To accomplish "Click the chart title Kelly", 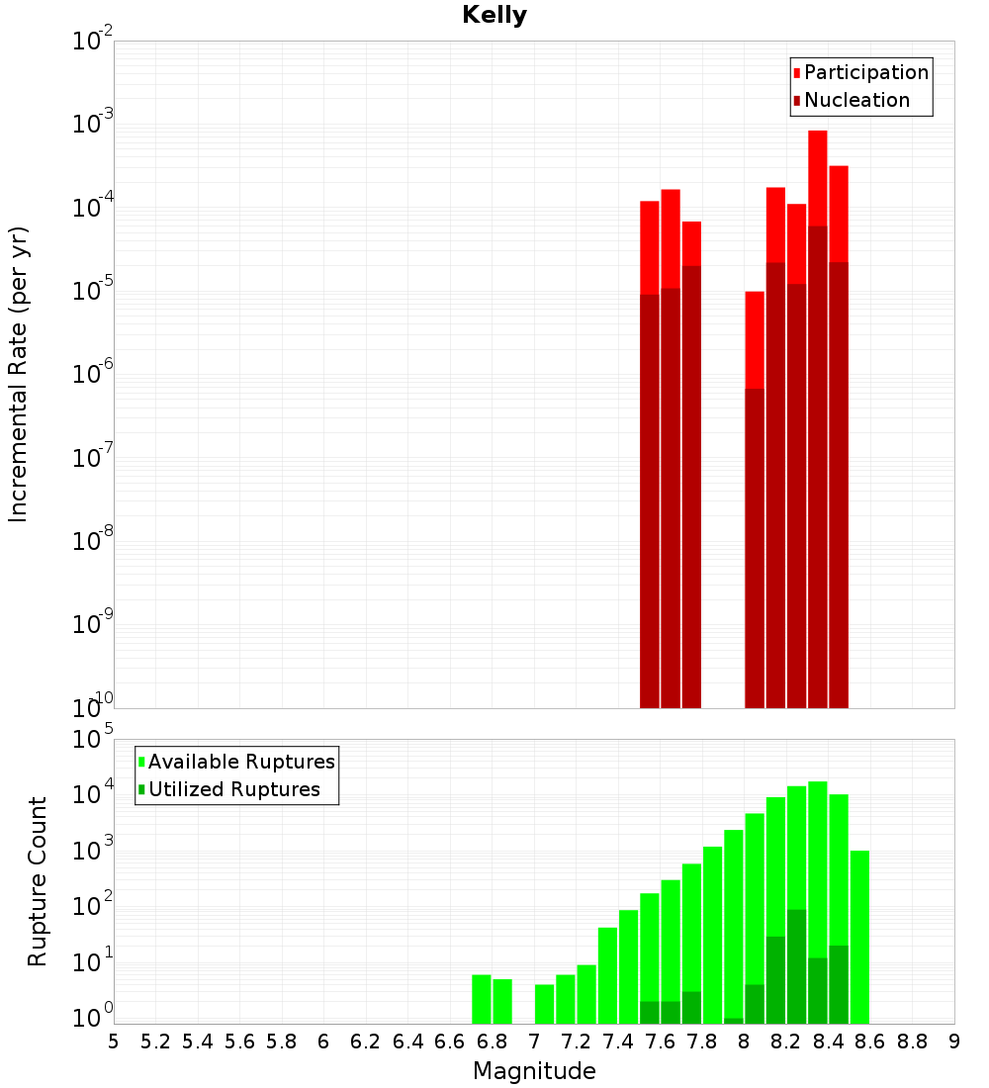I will click(x=494, y=16).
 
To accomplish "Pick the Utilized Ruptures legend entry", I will click(x=233, y=789).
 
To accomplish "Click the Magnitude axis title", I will click(x=534, y=1071).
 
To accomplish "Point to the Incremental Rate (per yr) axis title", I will click(x=19, y=374).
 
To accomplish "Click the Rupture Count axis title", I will click(x=38, y=881).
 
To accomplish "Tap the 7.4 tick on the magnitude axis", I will click(x=618, y=1041).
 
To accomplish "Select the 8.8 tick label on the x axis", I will click(x=912, y=1041).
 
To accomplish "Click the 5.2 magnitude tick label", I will click(x=156, y=1041).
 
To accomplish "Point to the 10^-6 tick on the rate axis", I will click(x=95, y=374).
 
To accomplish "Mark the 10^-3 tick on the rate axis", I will click(x=95, y=124).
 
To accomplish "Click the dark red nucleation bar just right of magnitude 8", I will click(x=755, y=544).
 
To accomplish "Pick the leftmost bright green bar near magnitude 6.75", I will click(x=482, y=999).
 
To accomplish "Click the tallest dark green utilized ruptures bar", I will click(x=796, y=964).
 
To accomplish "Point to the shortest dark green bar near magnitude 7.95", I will click(x=734, y=1021).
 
